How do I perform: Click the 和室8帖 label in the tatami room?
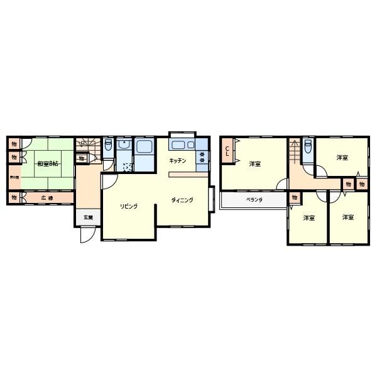47,164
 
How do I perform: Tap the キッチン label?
177,161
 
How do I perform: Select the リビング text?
129,206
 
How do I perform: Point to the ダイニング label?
182,200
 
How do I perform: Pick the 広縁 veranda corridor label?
47,198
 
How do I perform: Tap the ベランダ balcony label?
254,200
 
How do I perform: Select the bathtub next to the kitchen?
144,149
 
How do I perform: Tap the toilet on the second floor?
307,146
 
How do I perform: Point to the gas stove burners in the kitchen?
202,157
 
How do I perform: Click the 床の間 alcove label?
13,178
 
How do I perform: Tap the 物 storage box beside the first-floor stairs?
81,158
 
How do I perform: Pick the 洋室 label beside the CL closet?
254,164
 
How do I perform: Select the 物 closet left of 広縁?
13,198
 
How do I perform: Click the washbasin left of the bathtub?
124,148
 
